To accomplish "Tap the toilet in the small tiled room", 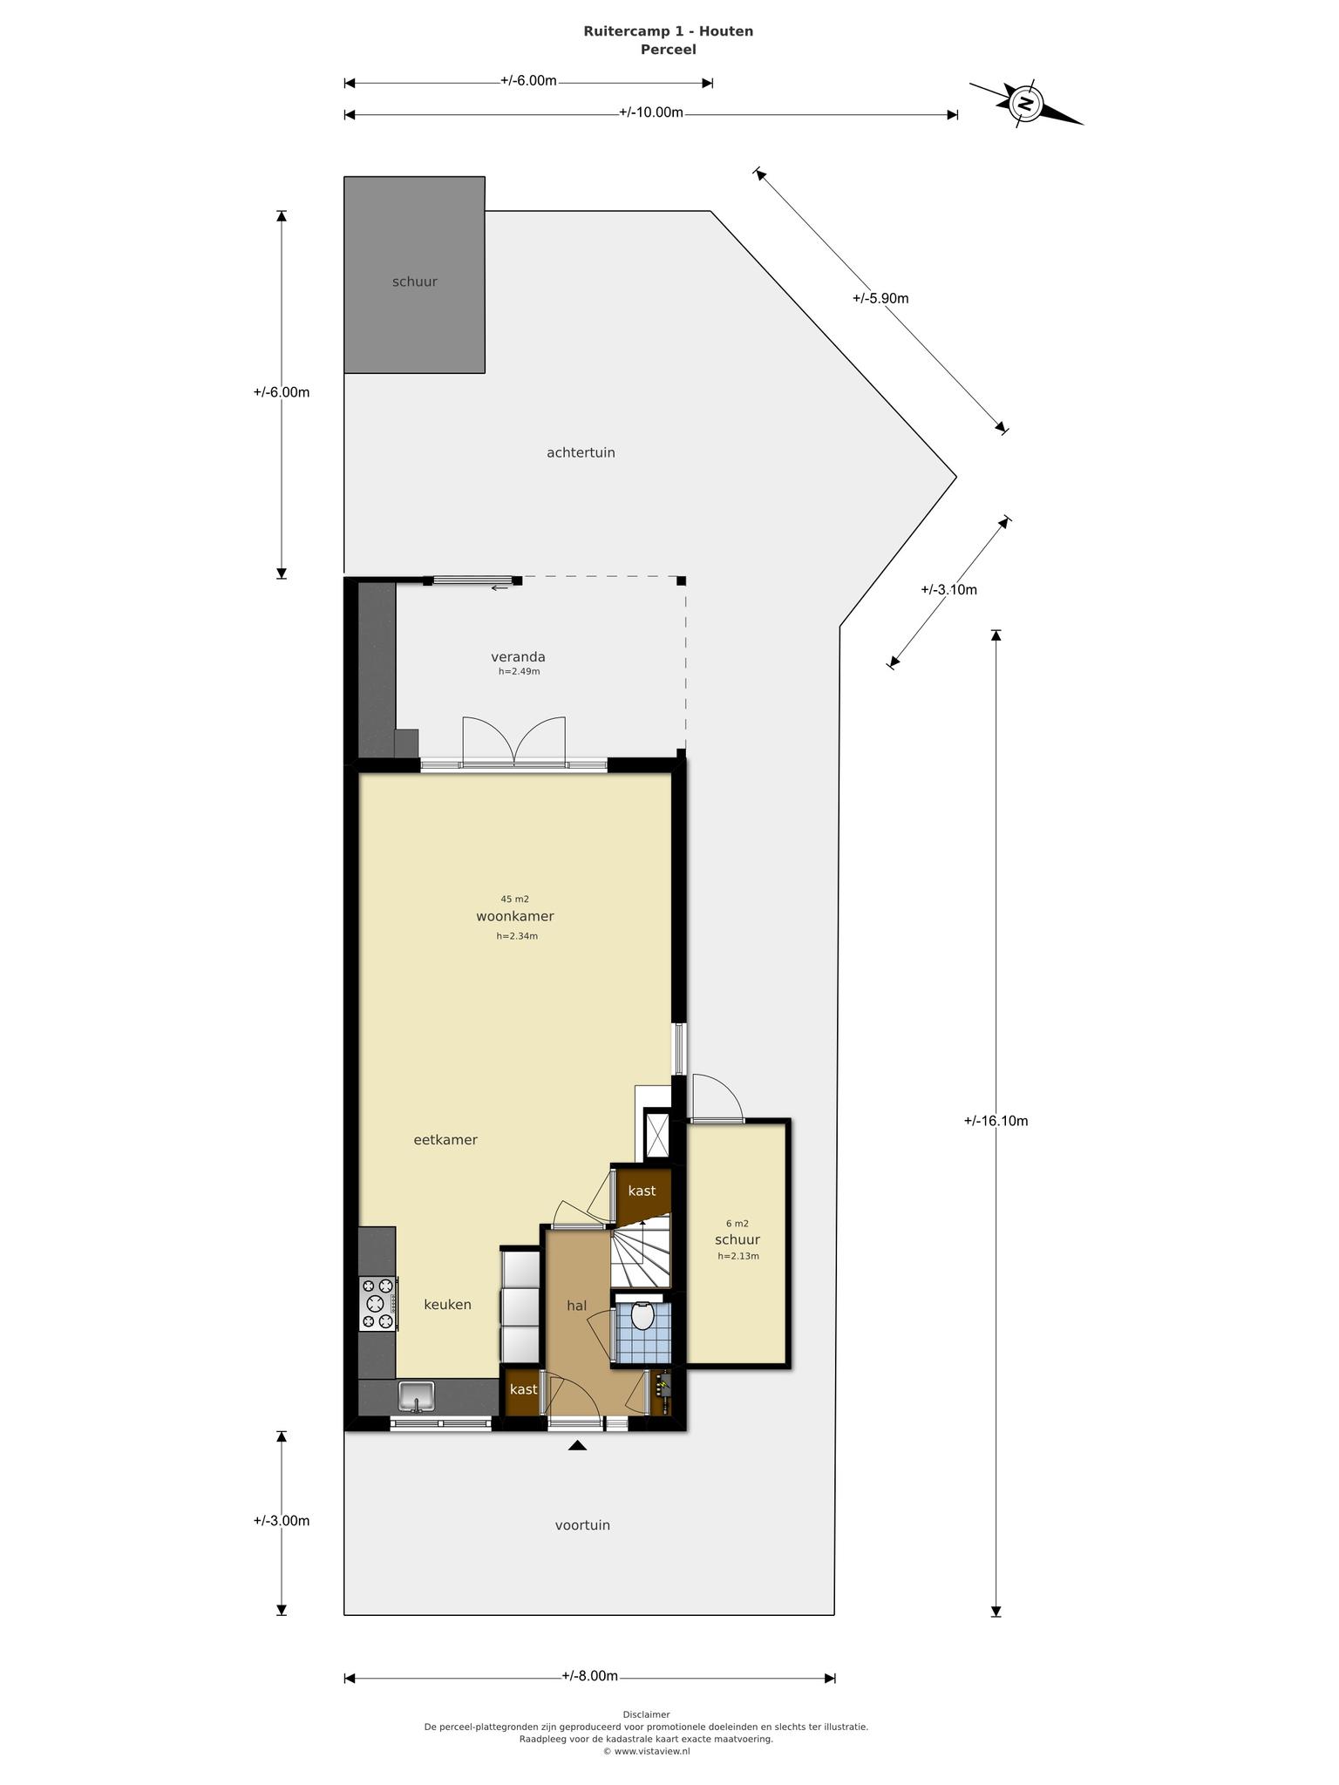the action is click(x=643, y=1315).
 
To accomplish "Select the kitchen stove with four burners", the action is click(x=378, y=1304).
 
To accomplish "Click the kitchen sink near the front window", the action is click(x=417, y=1396).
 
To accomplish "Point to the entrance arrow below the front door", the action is click(x=577, y=1445).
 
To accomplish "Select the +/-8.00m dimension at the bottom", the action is click(x=590, y=1676).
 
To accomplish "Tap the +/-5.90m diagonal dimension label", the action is click(x=880, y=298).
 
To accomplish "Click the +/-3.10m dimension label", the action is click(x=948, y=589).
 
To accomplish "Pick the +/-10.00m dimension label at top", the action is click(x=651, y=112).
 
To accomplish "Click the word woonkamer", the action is click(x=515, y=916).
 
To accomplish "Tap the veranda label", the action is click(x=518, y=656).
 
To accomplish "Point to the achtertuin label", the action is click(x=581, y=452).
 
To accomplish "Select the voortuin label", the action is click(x=582, y=1525).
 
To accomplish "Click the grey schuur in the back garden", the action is click(x=414, y=275).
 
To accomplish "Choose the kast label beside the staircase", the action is click(x=642, y=1191).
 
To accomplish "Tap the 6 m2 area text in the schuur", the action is click(x=737, y=1224).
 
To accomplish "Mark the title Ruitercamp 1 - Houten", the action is click(x=669, y=31).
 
